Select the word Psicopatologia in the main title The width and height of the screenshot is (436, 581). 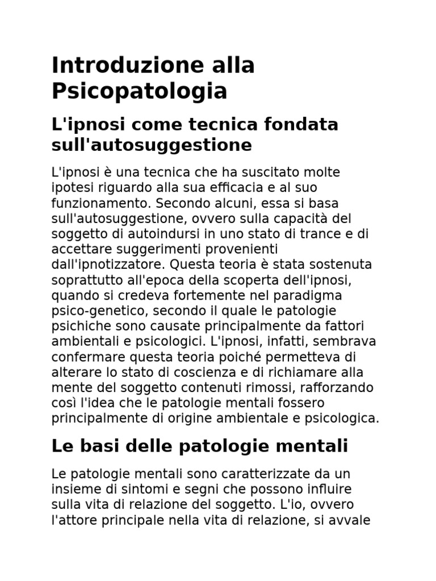point(140,91)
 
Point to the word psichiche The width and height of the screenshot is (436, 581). point(77,326)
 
